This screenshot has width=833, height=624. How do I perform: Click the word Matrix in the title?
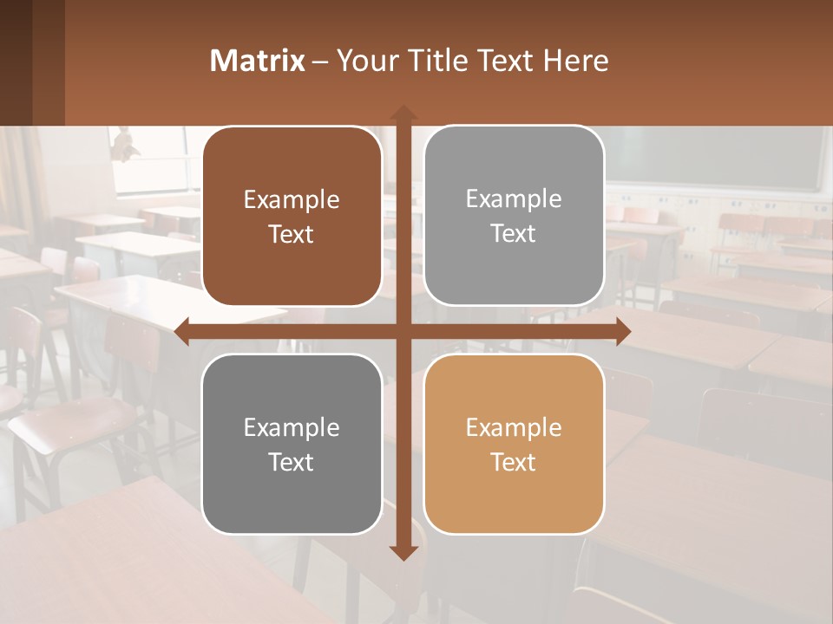point(257,61)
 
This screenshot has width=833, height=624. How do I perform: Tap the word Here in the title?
point(575,61)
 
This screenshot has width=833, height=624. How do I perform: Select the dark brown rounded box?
point(292,217)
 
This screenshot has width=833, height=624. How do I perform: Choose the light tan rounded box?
point(514,444)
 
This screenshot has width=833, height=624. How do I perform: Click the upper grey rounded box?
point(514,216)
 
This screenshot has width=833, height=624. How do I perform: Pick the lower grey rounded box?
point(292,444)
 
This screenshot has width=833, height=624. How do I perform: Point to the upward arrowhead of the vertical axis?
point(403,113)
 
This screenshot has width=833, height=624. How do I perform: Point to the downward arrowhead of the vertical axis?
point(403,552)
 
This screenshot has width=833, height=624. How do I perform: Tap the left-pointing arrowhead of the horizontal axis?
point(182,331)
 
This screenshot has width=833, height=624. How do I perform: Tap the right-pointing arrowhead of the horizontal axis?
point(623,331)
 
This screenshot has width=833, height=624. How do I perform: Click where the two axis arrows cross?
point(403,331)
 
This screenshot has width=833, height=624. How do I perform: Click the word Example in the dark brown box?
point(292,200)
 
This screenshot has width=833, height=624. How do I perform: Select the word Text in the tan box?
point(514,462)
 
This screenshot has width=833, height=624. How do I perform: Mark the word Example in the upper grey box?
point(514,199)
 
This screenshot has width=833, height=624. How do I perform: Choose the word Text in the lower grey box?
point(292,462)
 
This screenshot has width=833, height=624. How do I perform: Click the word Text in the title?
point(505,61)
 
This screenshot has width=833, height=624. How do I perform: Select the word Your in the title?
point(367,61)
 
